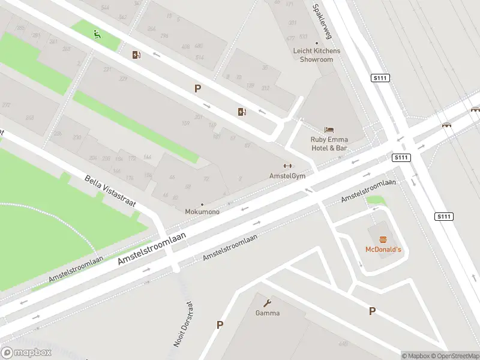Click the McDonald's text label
(x=383, y=249)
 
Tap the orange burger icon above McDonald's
(x=383, y=239)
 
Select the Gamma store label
(x=268, y=313)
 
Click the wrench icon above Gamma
(x=268, y=303)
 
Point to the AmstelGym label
(x=287, y=176)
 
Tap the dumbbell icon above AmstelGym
(x=287, y=166)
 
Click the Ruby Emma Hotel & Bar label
(x=329, y=143)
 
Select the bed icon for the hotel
(x=329, y=130)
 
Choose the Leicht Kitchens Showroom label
(x=316, y=55)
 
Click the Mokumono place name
(x=202, y=212)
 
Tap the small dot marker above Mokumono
(x=202, y=205)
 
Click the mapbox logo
(x=26, y=353)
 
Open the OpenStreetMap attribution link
(x=454, y=356)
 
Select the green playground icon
(x=97, y=34)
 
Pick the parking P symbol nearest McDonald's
(x=372, y=311)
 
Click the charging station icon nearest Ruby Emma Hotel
(x=242, y=112)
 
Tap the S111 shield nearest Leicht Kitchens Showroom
(x=379, y=78)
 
